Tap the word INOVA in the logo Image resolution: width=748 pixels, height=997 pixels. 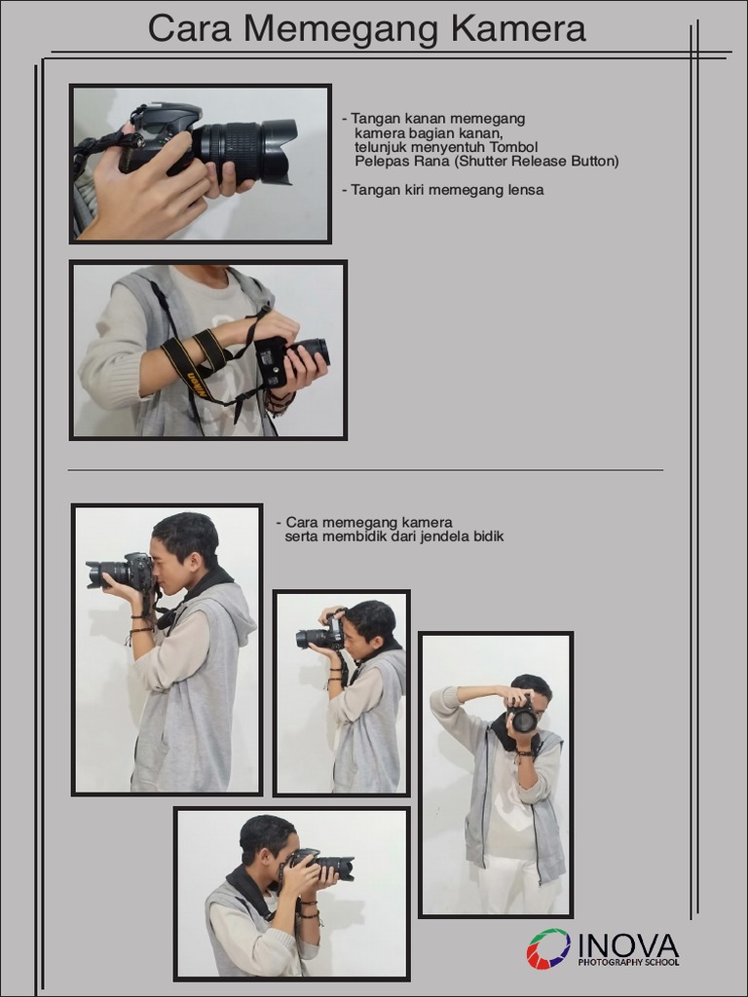point(628,944)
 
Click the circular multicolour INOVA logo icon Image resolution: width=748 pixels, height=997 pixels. point(548,948)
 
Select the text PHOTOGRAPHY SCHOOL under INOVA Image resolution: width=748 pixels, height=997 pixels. point(628,962)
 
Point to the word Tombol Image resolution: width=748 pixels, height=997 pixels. point(513,147)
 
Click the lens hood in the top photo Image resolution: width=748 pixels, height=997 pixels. point(279,151)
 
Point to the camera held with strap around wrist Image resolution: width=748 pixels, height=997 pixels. point(292,360)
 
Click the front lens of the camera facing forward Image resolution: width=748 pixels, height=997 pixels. point(524,720)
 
